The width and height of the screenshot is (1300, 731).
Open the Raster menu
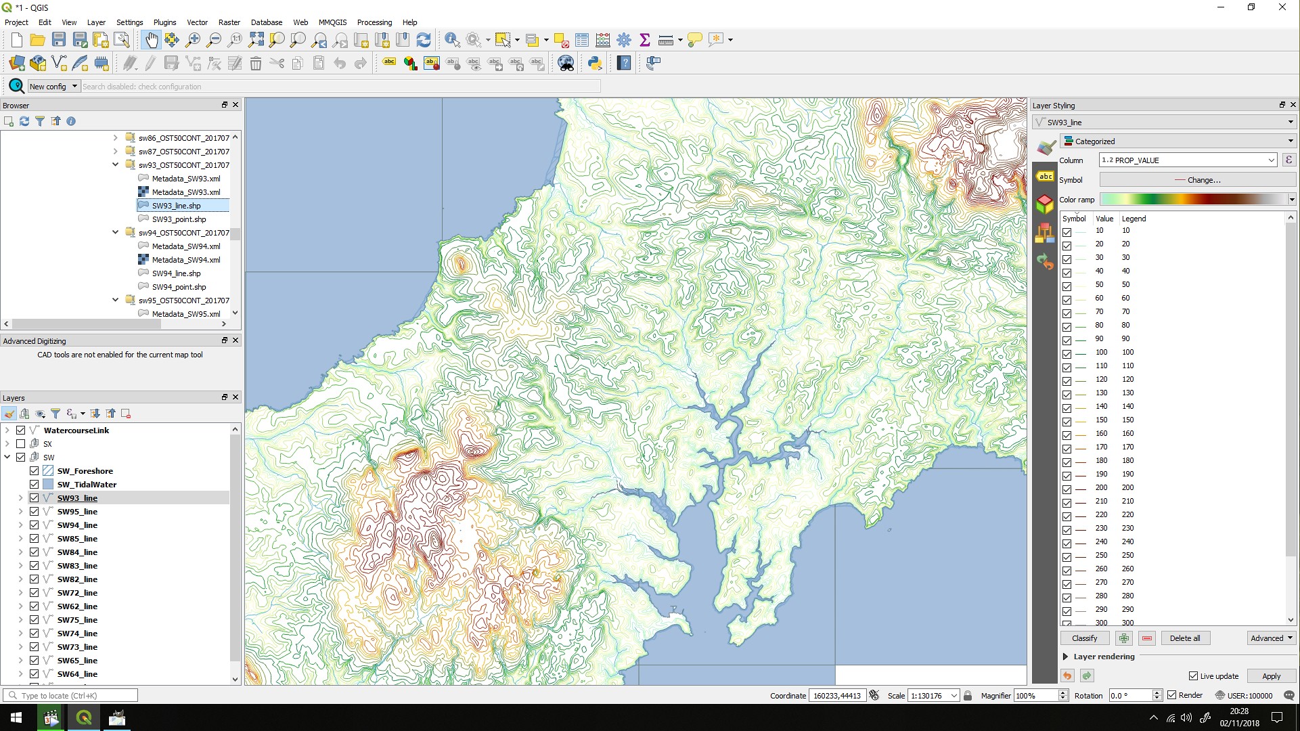[229, 22]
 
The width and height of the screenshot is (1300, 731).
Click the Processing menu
[374, 22]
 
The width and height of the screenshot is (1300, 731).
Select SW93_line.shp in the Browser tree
[176, 206]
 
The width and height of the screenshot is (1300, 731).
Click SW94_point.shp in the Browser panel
[179, 287]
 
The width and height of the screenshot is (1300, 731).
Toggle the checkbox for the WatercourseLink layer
[21, 430]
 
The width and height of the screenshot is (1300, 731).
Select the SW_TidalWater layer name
[87, 485]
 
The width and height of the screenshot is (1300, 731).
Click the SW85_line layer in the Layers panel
[77, 539]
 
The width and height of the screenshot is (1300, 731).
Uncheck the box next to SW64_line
[35, 674]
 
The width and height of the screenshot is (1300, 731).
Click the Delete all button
[1184, 638]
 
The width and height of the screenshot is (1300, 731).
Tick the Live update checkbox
[1194, 676]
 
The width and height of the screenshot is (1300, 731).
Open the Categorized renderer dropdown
[1178, 141]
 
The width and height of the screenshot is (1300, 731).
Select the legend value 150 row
[1127, 420]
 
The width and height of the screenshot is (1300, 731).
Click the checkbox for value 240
[1067, 543]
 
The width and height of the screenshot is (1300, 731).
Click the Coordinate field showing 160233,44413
[837, 696]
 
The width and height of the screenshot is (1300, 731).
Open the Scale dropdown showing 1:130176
[954, 696]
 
